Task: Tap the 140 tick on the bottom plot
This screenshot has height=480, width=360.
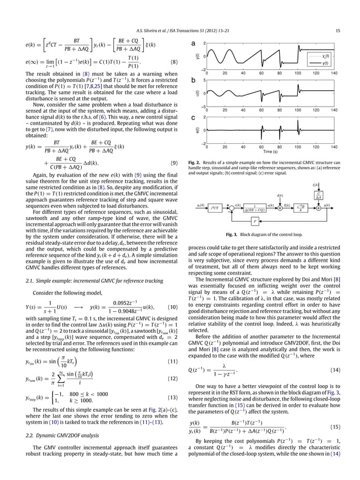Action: [x=334, y=147]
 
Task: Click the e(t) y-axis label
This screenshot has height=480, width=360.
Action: [x=198, y=130]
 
